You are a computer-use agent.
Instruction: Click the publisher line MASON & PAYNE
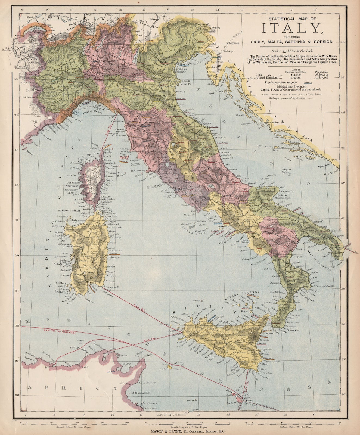click(180, 431)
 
